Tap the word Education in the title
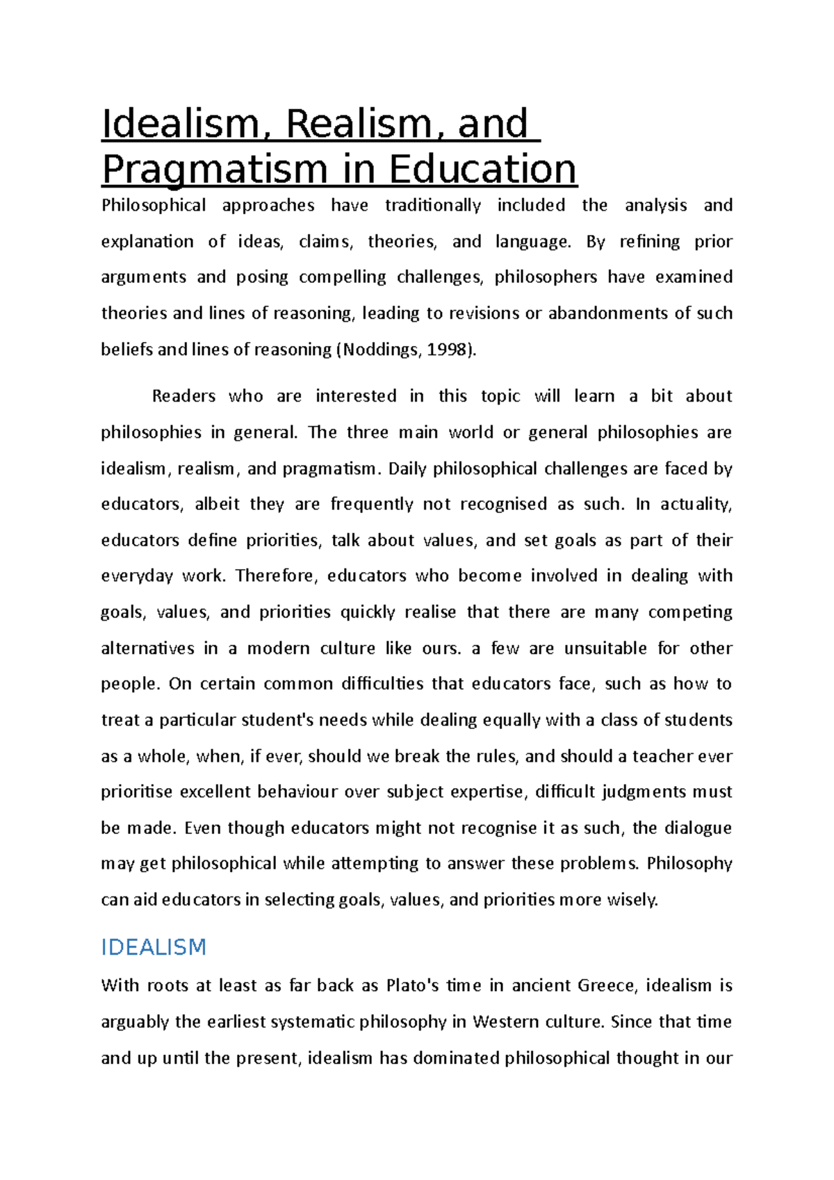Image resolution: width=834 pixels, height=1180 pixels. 482,170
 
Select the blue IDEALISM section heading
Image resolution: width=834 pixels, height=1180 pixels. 154,947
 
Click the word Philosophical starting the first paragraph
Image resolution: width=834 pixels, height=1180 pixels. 154,206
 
